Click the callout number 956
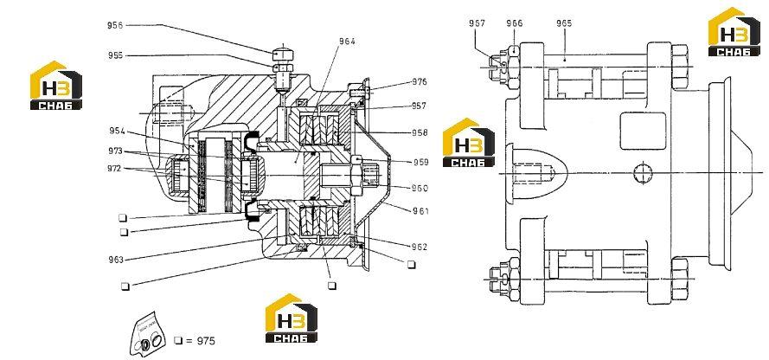[115, 25]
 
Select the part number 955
[116, 55]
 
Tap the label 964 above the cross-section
[347, 42]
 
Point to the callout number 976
[420, 81]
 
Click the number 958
[420, 132]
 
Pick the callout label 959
[420, 163]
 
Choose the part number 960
[420, 188]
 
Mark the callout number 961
[420, 211]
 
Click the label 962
[420, 247]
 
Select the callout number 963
[116, 260]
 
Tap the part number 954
[118, 131]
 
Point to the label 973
[116, 151]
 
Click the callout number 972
[115, 169]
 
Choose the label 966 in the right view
[515, 23]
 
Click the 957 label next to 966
[477, 23]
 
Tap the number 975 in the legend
[206, 341]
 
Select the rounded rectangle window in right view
[643, 131]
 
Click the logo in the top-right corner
[734, 31]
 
